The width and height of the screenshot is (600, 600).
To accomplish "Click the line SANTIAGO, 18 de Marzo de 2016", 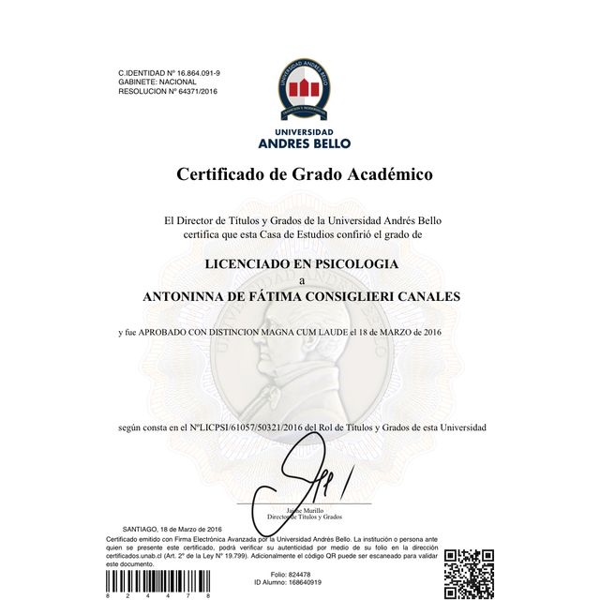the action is click(x=172, y=531).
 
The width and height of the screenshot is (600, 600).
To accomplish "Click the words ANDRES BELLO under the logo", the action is click(x=304, y=143).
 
